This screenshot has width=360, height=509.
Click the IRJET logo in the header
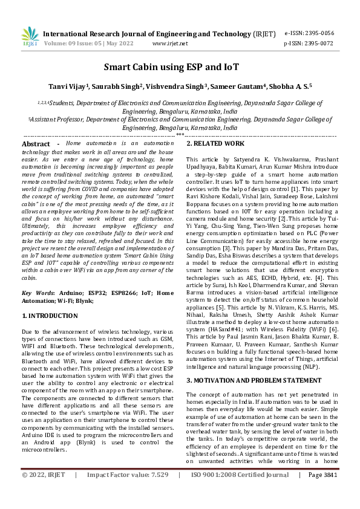(x=30, y=37)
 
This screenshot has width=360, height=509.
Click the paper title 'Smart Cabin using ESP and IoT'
(x=180, y=67)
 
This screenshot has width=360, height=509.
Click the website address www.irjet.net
(x=170, y=44)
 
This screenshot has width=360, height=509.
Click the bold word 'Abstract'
(x=36, y=144)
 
